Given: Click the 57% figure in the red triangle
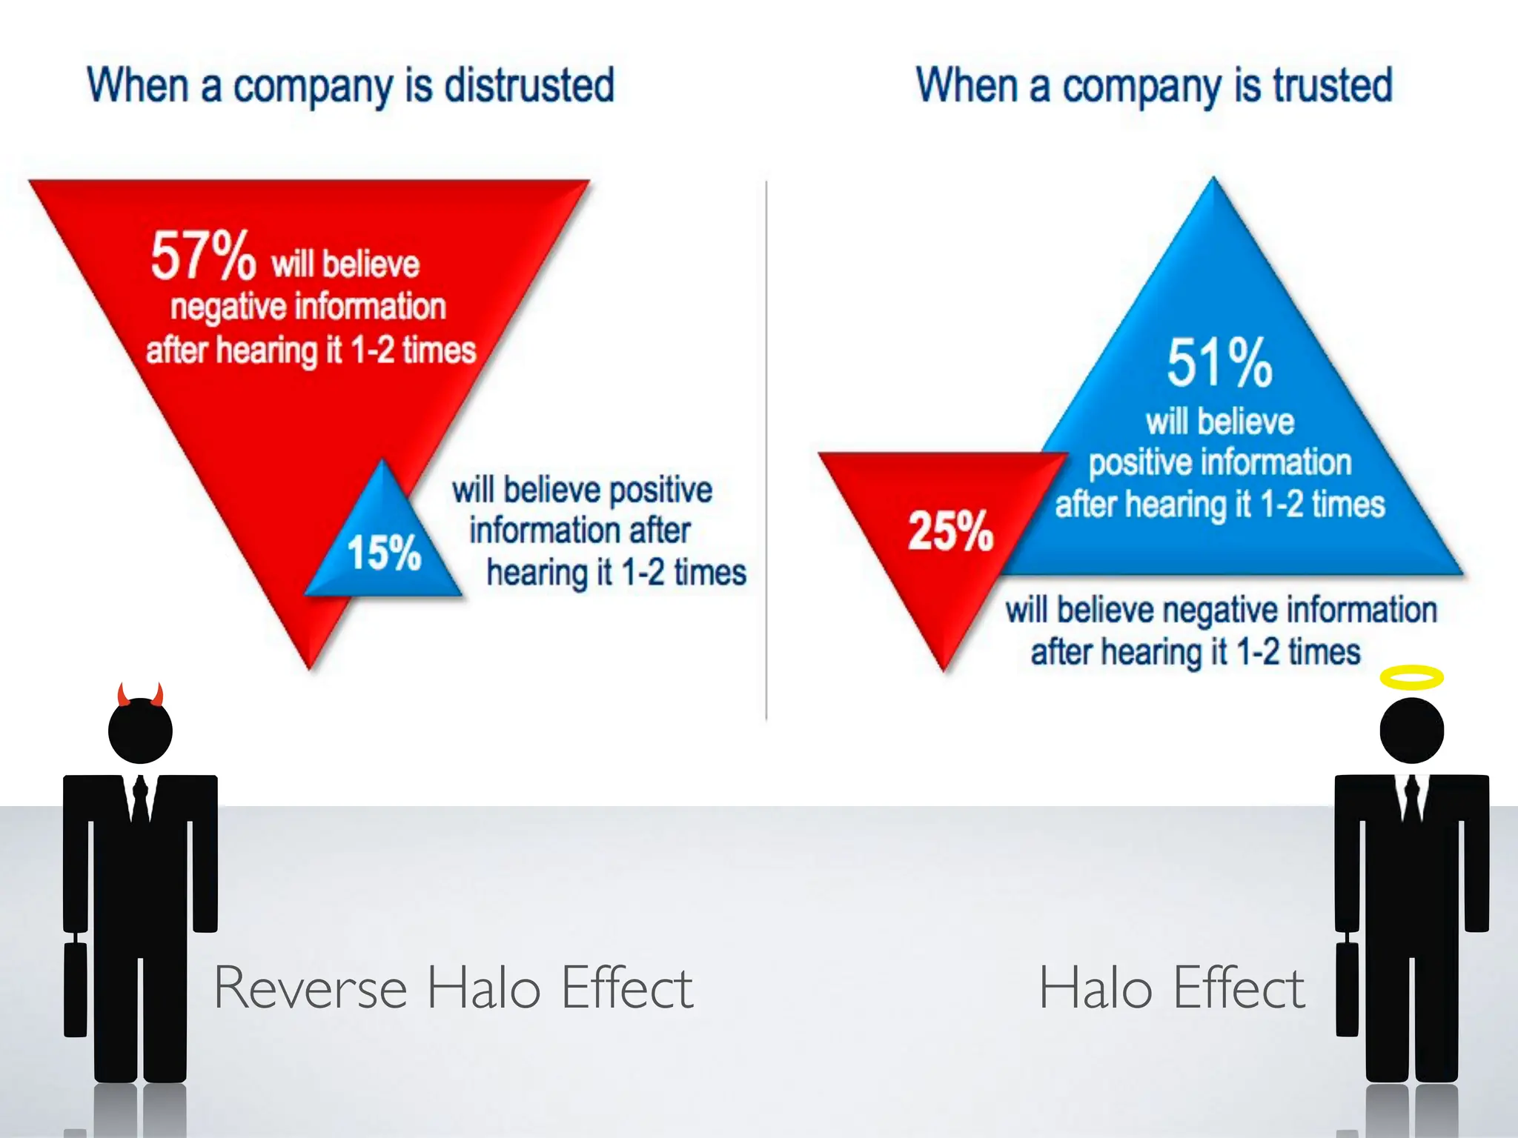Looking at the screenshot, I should (203, 256).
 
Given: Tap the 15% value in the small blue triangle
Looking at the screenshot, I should (384, 553).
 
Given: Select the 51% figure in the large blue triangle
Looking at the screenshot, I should (1219, 363).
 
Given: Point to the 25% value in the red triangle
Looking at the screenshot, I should (950, 531).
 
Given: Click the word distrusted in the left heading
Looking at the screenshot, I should (529, 85).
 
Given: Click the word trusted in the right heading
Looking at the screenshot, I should (1333, 85).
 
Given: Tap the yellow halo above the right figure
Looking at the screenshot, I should (1411, 677).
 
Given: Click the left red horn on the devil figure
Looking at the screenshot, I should (123, 695).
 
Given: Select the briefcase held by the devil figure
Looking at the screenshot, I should (75, 989).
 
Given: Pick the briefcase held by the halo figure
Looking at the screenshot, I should (1347, 989).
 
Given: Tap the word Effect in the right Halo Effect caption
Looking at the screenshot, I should (1239, 988).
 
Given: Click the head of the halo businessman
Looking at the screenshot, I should (1411, 731).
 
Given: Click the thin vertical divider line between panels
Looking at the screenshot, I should (766, 445).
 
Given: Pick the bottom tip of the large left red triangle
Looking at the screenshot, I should (310, 665).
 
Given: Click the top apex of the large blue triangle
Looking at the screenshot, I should (1213, 182).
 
